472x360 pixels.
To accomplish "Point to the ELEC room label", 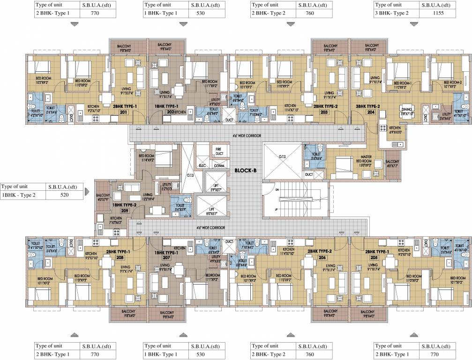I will click(203, 165).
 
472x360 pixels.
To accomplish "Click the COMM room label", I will click(219, 165).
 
